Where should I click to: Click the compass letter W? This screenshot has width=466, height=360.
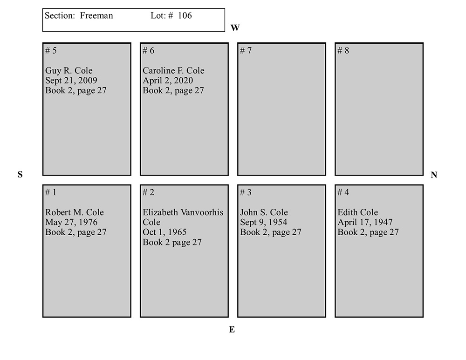(235, 27)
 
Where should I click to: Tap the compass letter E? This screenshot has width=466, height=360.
(232, 329)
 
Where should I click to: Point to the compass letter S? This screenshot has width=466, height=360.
(20, 174)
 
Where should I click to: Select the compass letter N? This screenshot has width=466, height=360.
(434, 175)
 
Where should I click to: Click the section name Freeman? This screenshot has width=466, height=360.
(96, 15)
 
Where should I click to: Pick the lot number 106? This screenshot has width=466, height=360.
(185, 15)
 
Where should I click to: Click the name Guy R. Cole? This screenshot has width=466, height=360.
(69, 70)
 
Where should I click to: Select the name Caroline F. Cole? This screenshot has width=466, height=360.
(173, 70)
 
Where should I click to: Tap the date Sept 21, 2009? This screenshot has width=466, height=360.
(71, 81)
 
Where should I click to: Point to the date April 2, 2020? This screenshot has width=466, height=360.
(168, 81)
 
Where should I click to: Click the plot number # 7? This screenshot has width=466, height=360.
(246, 50)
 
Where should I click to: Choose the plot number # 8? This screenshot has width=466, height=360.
(343, 50)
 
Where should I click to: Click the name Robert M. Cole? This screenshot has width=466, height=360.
(74, 212)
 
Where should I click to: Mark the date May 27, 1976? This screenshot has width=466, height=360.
(71, 222)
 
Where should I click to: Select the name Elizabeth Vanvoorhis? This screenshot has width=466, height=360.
(183, 212)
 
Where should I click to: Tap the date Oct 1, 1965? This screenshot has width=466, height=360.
(164, 232)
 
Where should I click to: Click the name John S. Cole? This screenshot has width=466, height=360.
(264, 212)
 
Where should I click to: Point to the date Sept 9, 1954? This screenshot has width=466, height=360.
(264, 222)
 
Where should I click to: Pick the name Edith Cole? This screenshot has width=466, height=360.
(358, 212)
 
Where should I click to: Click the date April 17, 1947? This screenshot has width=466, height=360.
(365, 222)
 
